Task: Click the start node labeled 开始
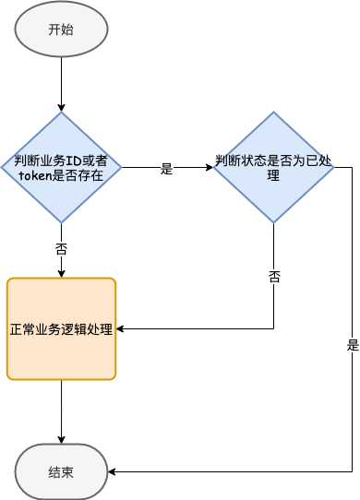coord(61,29)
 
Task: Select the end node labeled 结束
coord(61,471)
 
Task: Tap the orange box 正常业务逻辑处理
coord(61,328)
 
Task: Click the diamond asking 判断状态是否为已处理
coord(273,167)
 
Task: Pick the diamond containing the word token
coord(61,167)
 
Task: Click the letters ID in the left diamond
coord(78,161)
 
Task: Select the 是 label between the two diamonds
coord(167,168)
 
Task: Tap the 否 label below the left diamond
coord(61,248)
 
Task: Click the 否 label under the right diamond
coord(273,276)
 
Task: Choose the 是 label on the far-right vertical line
coord(352,345)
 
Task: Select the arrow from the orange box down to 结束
coord(61,411)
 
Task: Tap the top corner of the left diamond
coord(61,113)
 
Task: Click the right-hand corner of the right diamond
coord(333,168)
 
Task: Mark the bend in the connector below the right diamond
coord(273,328)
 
